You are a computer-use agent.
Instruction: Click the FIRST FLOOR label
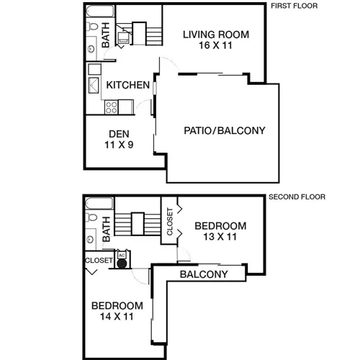click(x=294, y=6)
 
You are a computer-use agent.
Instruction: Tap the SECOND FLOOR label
click(x=297, y=197)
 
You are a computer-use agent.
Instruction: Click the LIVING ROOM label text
click(x=216, y=35)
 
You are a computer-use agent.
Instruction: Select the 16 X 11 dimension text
click(x=215, y=45)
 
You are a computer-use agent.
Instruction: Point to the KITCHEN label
click(x=127, y=85)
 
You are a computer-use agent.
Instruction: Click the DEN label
click(x=119, y=134)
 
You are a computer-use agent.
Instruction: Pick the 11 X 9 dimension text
click(x=119, y=145)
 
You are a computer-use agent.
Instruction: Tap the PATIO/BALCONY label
click(x=225, y=130)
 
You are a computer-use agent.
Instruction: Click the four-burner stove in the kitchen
click(x=112, y=107)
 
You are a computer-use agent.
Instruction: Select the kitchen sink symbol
click(x=94, y=85)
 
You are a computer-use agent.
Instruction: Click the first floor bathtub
click(x=100, y=11)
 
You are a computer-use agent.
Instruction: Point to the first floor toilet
click(x=92, y=26)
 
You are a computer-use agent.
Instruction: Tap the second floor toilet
click(x=91, y=217)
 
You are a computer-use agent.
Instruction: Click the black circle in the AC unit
click(x=122, y=264)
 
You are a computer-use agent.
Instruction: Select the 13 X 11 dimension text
click(x=220, y=237)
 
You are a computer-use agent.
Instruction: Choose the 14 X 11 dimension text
click(x=117, y=316)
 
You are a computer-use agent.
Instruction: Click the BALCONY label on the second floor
click(x=204, y=274)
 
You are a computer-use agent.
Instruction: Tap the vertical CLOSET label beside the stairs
click(x=170, y=222)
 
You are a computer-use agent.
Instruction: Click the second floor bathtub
click(x=99, y=204)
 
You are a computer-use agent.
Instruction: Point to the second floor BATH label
click(x=106, y=229)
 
